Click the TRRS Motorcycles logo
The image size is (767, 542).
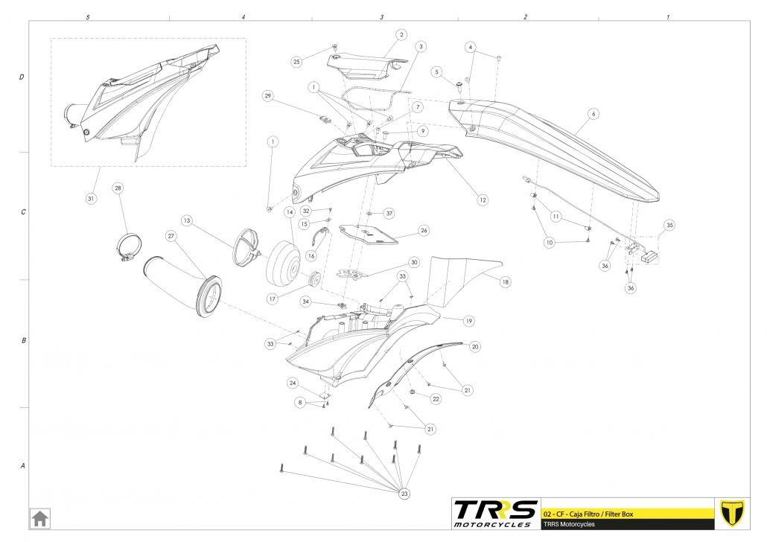[495, 513]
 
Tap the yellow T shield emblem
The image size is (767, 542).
[733, 513]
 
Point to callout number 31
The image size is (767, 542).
[91, 198]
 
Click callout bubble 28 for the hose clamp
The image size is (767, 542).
[118, 188]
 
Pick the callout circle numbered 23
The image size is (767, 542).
[404, 494]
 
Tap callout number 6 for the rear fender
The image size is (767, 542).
[593, 114]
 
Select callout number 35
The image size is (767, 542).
[669, 224]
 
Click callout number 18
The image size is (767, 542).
[506, 282]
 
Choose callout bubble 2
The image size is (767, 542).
[401, 34]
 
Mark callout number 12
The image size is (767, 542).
[483, 200]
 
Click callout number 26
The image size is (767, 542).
[424, 231]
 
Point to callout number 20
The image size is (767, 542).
[475, 346]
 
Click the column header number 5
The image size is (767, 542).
[88, 16]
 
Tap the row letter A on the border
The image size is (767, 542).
[22, 466]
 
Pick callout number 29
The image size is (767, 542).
[268, 96]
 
